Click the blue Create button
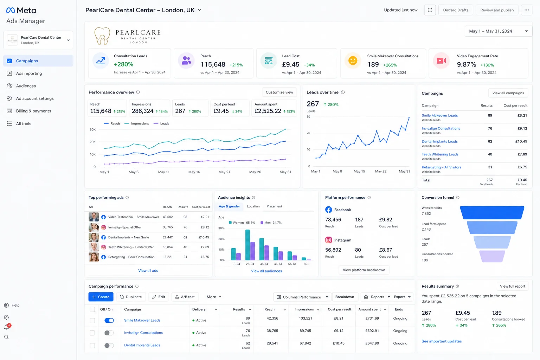pyautogui.click(x=101, y=297)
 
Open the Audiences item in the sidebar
pyautogui.click(x=26, y=86)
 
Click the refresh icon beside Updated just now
pyautogui.click(x=430, y=10)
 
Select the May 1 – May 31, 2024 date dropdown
pyautogui.click(x=498, y=31)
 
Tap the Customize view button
pyautogui.click(x=279, y=92)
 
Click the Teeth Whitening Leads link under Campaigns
pyautogui.click(x=440, y=154)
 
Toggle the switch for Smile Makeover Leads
pyautogui.click(x=109, y=321)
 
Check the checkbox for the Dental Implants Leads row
pyautogui.click(x=92, y=346)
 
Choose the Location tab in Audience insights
pyautogui.click(x=253, y=206)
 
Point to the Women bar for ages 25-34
pyautogui.click(x=247, y=245)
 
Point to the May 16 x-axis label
pyautogui.click(x=194, y=172)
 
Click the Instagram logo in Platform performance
pyautogui.click(x=328, y=240)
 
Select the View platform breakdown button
pyautogui.click(x=364, y=270)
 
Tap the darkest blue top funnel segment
pyautogui.click(x=492, y=213)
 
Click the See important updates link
pyautogui.click(x=442, y=341)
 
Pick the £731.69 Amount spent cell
pyautogui.click(x=372, y=318)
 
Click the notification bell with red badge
pyautogui.click(x=7, y=327)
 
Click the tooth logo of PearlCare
pyautogui.click(x=102, y=36)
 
